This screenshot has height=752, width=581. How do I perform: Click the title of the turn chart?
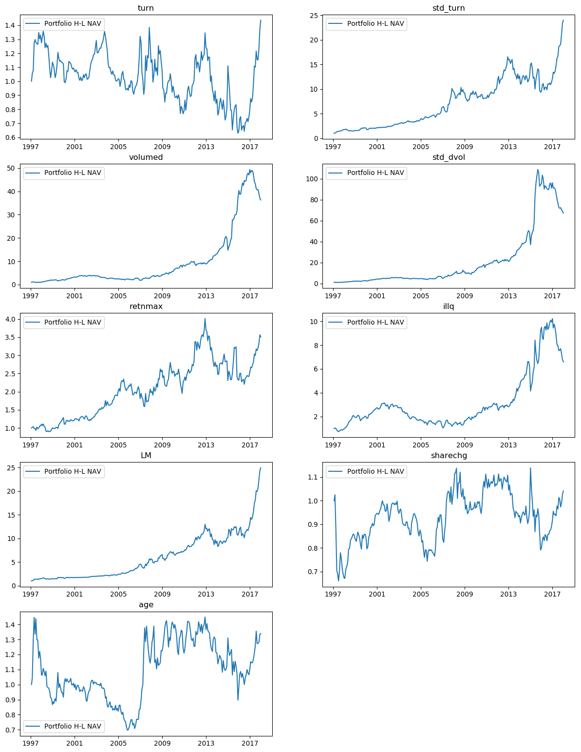[x=146, y=8]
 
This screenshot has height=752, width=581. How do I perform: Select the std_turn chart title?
[x=449, y=8]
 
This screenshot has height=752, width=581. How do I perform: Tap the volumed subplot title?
[x=146, y=157]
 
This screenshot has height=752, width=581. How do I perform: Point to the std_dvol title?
[x=449, y=157]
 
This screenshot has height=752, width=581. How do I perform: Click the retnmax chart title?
[x=146, y=307]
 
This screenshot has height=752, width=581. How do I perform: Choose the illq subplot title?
[x=449, y=307]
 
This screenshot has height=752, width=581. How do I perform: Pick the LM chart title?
[x=146, y=456]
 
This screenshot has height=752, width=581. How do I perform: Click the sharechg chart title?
[x=449, y=456]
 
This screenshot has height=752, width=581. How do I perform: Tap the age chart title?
[x=146, y=605]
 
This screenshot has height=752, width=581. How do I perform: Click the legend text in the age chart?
[x=73, y=726]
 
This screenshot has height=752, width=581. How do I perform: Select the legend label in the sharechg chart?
[x=375, y=471]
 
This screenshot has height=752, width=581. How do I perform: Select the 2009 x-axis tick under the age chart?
[x=162, y=744]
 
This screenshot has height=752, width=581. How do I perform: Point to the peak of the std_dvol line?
[x=538, y=170]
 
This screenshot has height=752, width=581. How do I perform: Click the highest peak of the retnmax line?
[x=205, y=319]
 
